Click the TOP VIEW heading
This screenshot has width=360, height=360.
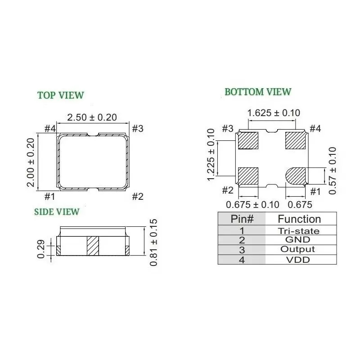click(60, 95)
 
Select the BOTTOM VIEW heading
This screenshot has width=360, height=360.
click(258, 92)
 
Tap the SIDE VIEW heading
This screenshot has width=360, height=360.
click(57, 211)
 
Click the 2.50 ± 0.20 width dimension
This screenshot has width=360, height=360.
click(92, 117)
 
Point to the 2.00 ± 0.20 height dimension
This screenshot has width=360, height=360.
click(31, 162)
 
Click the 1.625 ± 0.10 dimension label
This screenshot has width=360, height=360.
click(274, 113)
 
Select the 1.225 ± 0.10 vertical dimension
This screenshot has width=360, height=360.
click(211, 155)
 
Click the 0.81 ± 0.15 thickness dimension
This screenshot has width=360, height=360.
click(153, 242)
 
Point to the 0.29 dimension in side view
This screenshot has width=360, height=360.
click(41, 249)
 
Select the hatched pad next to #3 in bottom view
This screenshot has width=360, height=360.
click(247, 140)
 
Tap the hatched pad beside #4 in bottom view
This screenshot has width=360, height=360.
click(296, 140)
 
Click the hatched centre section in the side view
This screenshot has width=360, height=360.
click(92, 246)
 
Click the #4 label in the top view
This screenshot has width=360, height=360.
click(49, 129)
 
